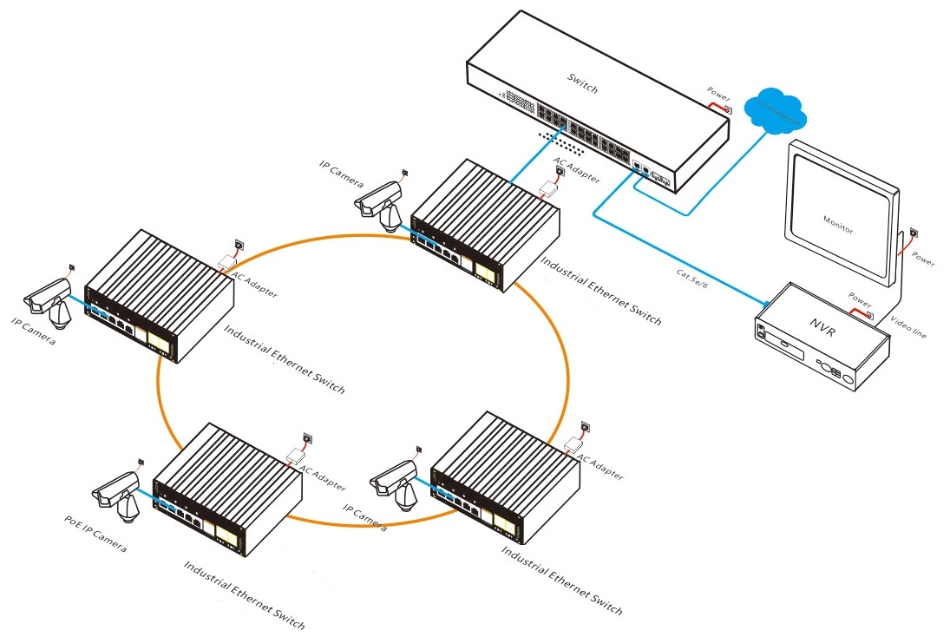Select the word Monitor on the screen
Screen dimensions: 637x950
tap(837, 225)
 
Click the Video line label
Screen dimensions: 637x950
tap(908, 327)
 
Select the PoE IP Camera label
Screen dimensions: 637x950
tap(95, 534)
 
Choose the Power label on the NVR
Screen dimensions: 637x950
tap(860, 299)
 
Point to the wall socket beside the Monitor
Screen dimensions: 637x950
tap(916, 232)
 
